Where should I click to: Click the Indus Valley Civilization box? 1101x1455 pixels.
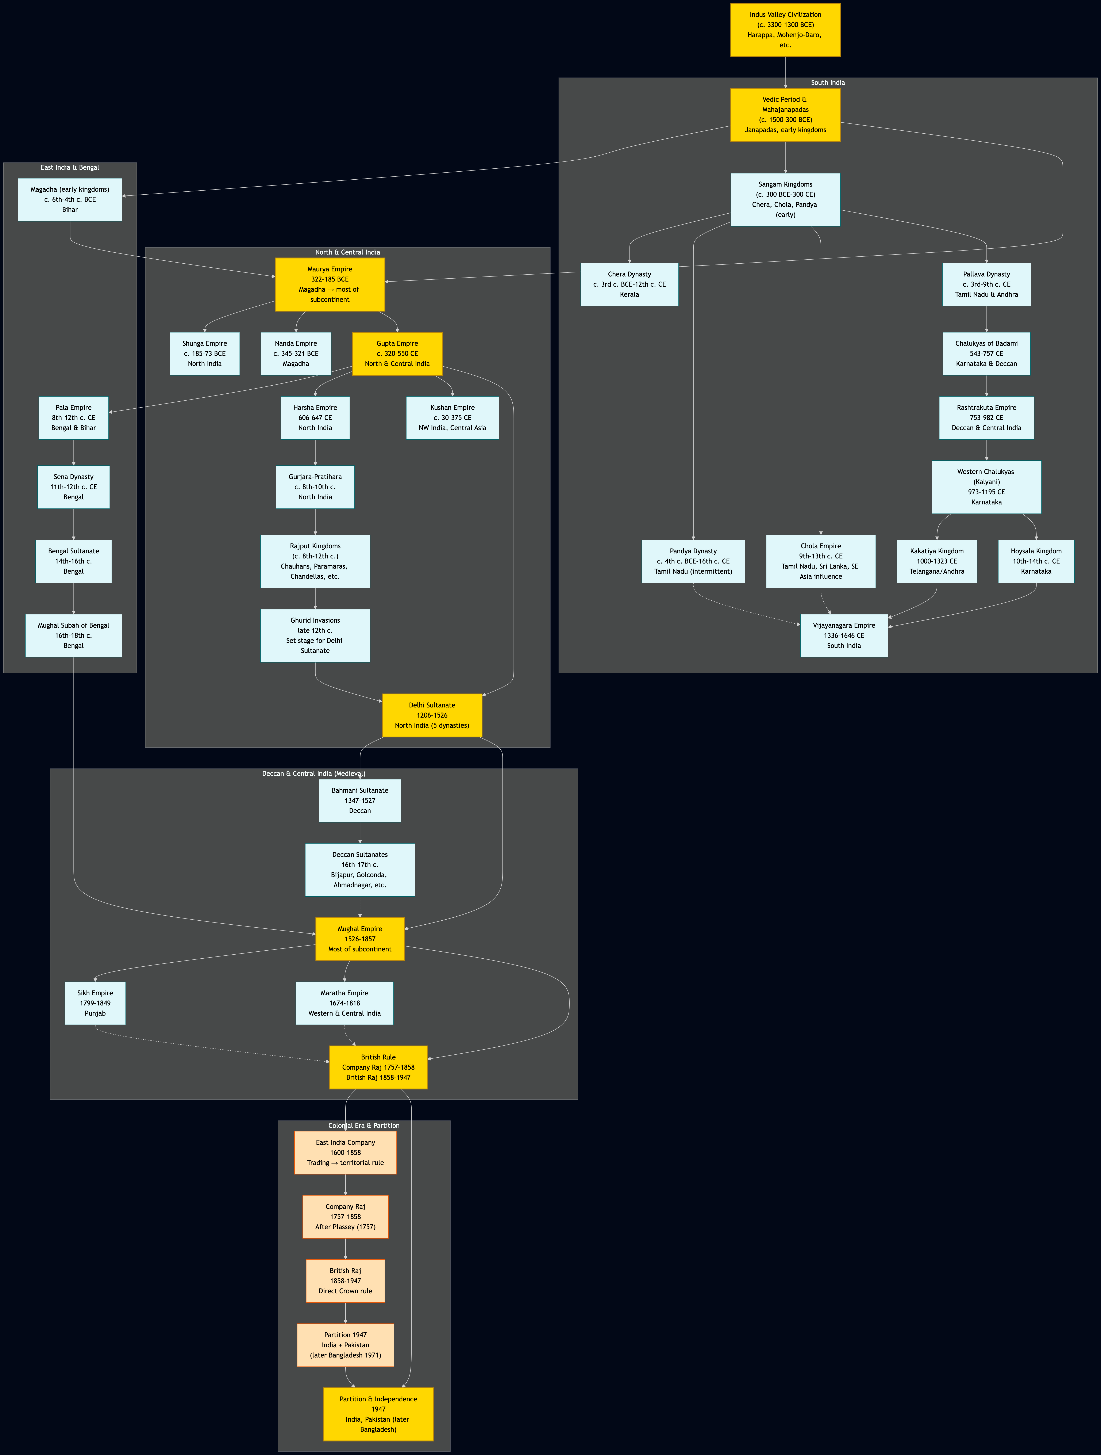coord(785,30)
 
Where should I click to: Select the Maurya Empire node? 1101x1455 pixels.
coord(330,284)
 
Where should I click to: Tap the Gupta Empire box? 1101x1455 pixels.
coord(397,353)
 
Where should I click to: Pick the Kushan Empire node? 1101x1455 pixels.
coord(452,418)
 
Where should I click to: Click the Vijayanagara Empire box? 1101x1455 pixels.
coord(844,635)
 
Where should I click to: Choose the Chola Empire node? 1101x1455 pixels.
coord(821,561)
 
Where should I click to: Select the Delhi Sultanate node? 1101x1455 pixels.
coord(432,715)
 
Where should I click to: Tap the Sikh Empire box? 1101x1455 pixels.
coord(95,1003)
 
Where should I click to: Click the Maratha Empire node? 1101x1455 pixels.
coord(344,1003)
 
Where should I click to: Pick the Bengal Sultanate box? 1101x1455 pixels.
coord(74,561)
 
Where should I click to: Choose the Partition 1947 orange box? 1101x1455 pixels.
coord(346,1345)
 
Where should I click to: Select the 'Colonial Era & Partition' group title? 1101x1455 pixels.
coord(364,1126)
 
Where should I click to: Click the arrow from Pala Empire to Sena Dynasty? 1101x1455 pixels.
coord(74,452)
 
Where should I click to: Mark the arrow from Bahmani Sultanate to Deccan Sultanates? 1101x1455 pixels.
coord(360,833)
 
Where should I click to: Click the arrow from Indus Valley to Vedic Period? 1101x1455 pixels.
coord(785,72)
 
